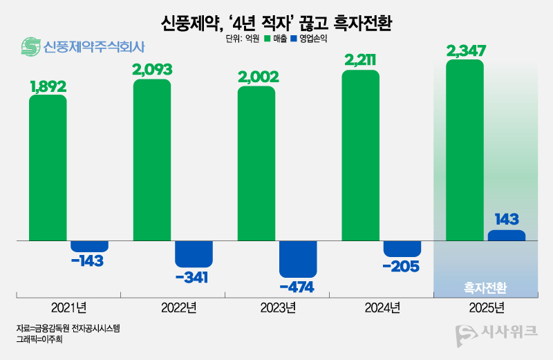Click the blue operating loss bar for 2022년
tap(194, 254)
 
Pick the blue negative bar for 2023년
tap(298, 258)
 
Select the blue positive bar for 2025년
tap(506, 236)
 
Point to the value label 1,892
tap(48, 86)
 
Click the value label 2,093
tap(152, 70)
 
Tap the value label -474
tap(298, 286)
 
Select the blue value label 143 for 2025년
tap(506, 219)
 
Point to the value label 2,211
tap(361, 61)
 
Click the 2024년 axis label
tap(381, 307)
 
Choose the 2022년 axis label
tap(173, 307)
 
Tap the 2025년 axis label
tap(485, 307)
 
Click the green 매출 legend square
tap(266, 39)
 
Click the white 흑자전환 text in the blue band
tap(485, 285)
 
